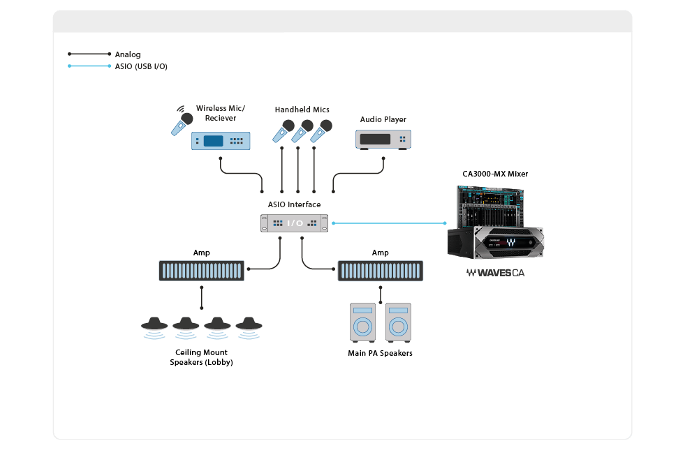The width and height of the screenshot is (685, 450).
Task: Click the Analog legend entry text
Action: [127, 54]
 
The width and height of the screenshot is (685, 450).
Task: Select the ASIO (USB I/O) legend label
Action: [140, 66]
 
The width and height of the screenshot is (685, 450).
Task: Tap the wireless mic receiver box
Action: [220, 141]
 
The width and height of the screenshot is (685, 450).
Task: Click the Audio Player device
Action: [383, 139]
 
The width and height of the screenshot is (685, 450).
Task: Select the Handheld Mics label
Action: [302, 110]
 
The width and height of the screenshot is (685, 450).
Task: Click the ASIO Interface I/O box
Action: [295, 223]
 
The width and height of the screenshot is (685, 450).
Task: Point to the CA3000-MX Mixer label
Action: [494, 173]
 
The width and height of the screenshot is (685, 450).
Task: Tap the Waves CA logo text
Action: [495, 273]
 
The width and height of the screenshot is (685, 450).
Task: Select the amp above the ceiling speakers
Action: [202, 271]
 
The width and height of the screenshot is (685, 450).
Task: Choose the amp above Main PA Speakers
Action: [380, 271]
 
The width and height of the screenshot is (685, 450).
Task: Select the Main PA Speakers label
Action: [380, 353]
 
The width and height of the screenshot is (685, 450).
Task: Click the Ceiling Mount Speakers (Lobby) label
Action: [201, 358]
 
